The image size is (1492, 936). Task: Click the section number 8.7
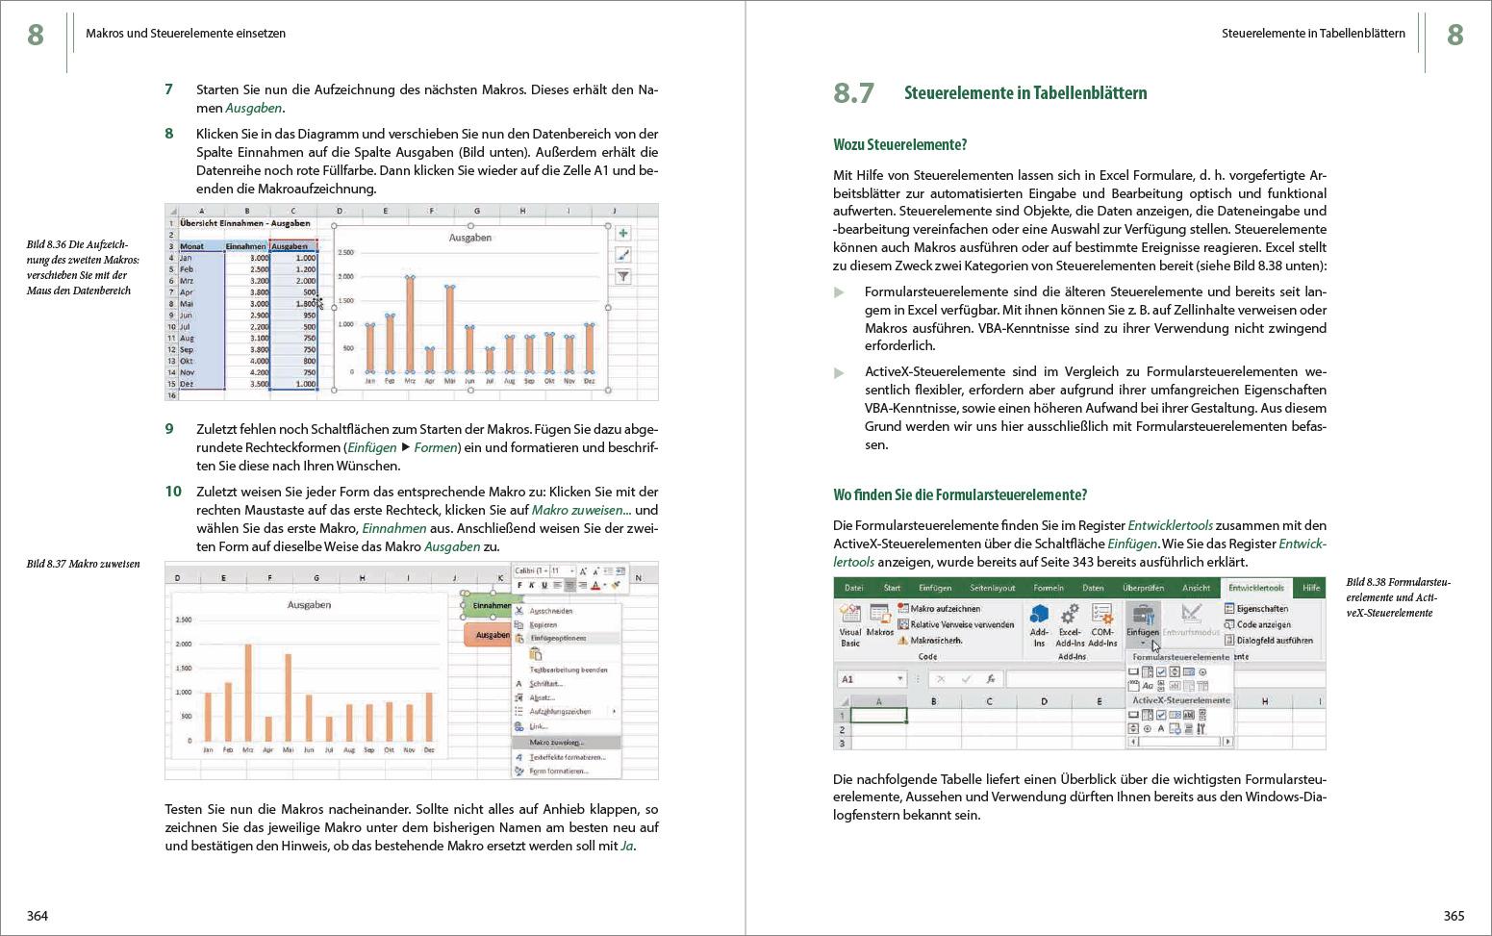853,93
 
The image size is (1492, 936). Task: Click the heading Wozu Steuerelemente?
899,145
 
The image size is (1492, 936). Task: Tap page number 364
38,916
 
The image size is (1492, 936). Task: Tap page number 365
1454,916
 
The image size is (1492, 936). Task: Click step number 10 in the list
173,492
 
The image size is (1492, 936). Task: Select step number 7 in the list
169,89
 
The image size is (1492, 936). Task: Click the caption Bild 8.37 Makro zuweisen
83,564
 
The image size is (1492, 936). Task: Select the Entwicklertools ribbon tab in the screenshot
1255,588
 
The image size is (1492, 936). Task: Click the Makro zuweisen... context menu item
557,743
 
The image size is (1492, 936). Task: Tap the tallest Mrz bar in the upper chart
410,324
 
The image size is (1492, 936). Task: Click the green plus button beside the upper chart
623,234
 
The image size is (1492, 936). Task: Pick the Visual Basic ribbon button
850,625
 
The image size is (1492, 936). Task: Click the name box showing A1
872,679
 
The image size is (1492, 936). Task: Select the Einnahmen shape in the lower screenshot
492,606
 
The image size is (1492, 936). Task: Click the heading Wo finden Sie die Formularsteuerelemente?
959,495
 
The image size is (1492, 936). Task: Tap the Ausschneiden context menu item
550,611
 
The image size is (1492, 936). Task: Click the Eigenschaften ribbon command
1261,609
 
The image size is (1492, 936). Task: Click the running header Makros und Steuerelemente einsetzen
186,34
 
